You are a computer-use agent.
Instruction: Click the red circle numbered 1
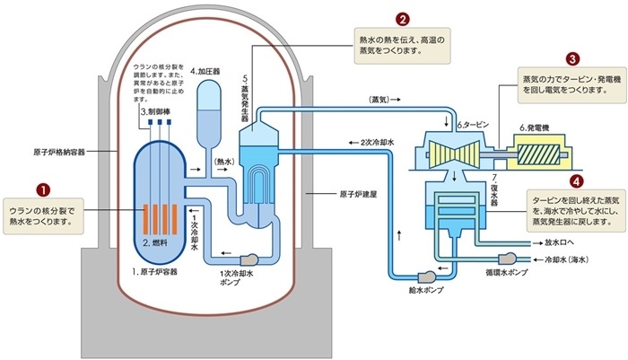click(x=39, y=189)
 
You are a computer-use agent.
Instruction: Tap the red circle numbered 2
click(x=403, y=19)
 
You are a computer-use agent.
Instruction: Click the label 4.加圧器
click(x=206, y=69)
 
